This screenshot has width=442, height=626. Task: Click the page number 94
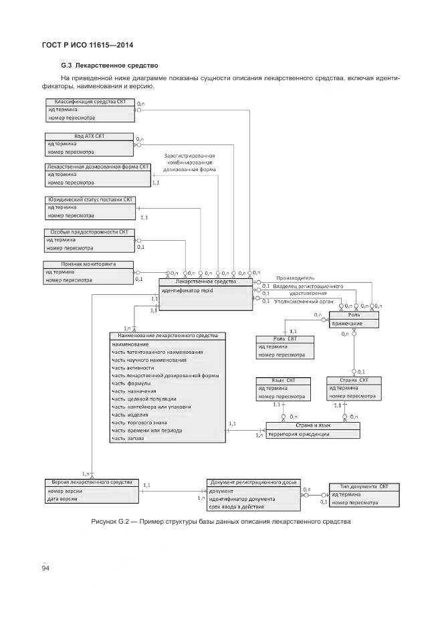(x=46, y=568)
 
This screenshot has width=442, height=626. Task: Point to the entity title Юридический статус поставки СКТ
(x=90, y=200)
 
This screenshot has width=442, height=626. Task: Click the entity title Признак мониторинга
(x=88, y=264)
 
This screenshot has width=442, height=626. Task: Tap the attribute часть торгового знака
(x=140, y=422)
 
